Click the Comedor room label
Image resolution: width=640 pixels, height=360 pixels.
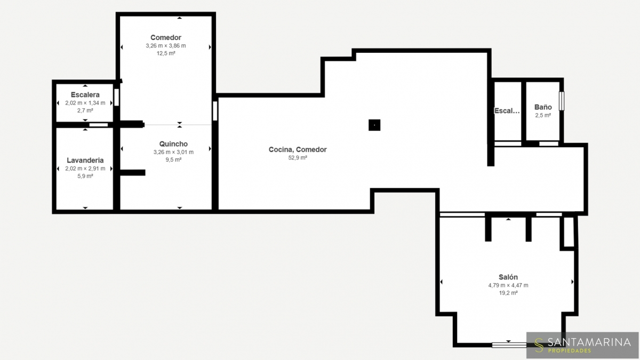[x=166, y=37]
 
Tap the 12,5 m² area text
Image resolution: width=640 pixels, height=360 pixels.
[x=166, y=53]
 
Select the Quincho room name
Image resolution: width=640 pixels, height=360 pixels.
[x=173, y=144]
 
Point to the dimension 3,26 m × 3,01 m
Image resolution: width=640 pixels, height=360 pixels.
[x=173, y=152]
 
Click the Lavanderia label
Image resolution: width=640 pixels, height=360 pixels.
[x=85, y=161]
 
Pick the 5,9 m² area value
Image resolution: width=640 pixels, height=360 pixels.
[x=85, y=176]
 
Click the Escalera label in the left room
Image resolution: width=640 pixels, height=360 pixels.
[x=85, y=94]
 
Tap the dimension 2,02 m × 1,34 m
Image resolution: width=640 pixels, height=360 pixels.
[x=85, y=103]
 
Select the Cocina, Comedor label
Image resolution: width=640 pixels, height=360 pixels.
[x=298, y=149]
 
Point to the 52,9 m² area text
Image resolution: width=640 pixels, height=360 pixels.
[x=298, y=158]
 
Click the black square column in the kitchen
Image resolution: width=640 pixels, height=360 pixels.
[x=374, y=125]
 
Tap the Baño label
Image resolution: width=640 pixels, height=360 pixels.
[x=543, y=107]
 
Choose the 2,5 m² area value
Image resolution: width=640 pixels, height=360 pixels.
[x=543, y=115]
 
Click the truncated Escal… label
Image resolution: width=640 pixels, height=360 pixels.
[x=507, y=111]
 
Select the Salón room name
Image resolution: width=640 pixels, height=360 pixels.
[x=508, y=277]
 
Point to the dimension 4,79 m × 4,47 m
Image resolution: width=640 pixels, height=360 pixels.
[x=508, y=285]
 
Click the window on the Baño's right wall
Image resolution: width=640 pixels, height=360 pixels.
[x=562, y=101]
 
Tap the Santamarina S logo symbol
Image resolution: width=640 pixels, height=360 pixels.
[x=539, y=345]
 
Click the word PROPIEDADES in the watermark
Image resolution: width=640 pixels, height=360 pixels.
[x=569, y=350]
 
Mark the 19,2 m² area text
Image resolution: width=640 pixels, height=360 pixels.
[x=508, y=293]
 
